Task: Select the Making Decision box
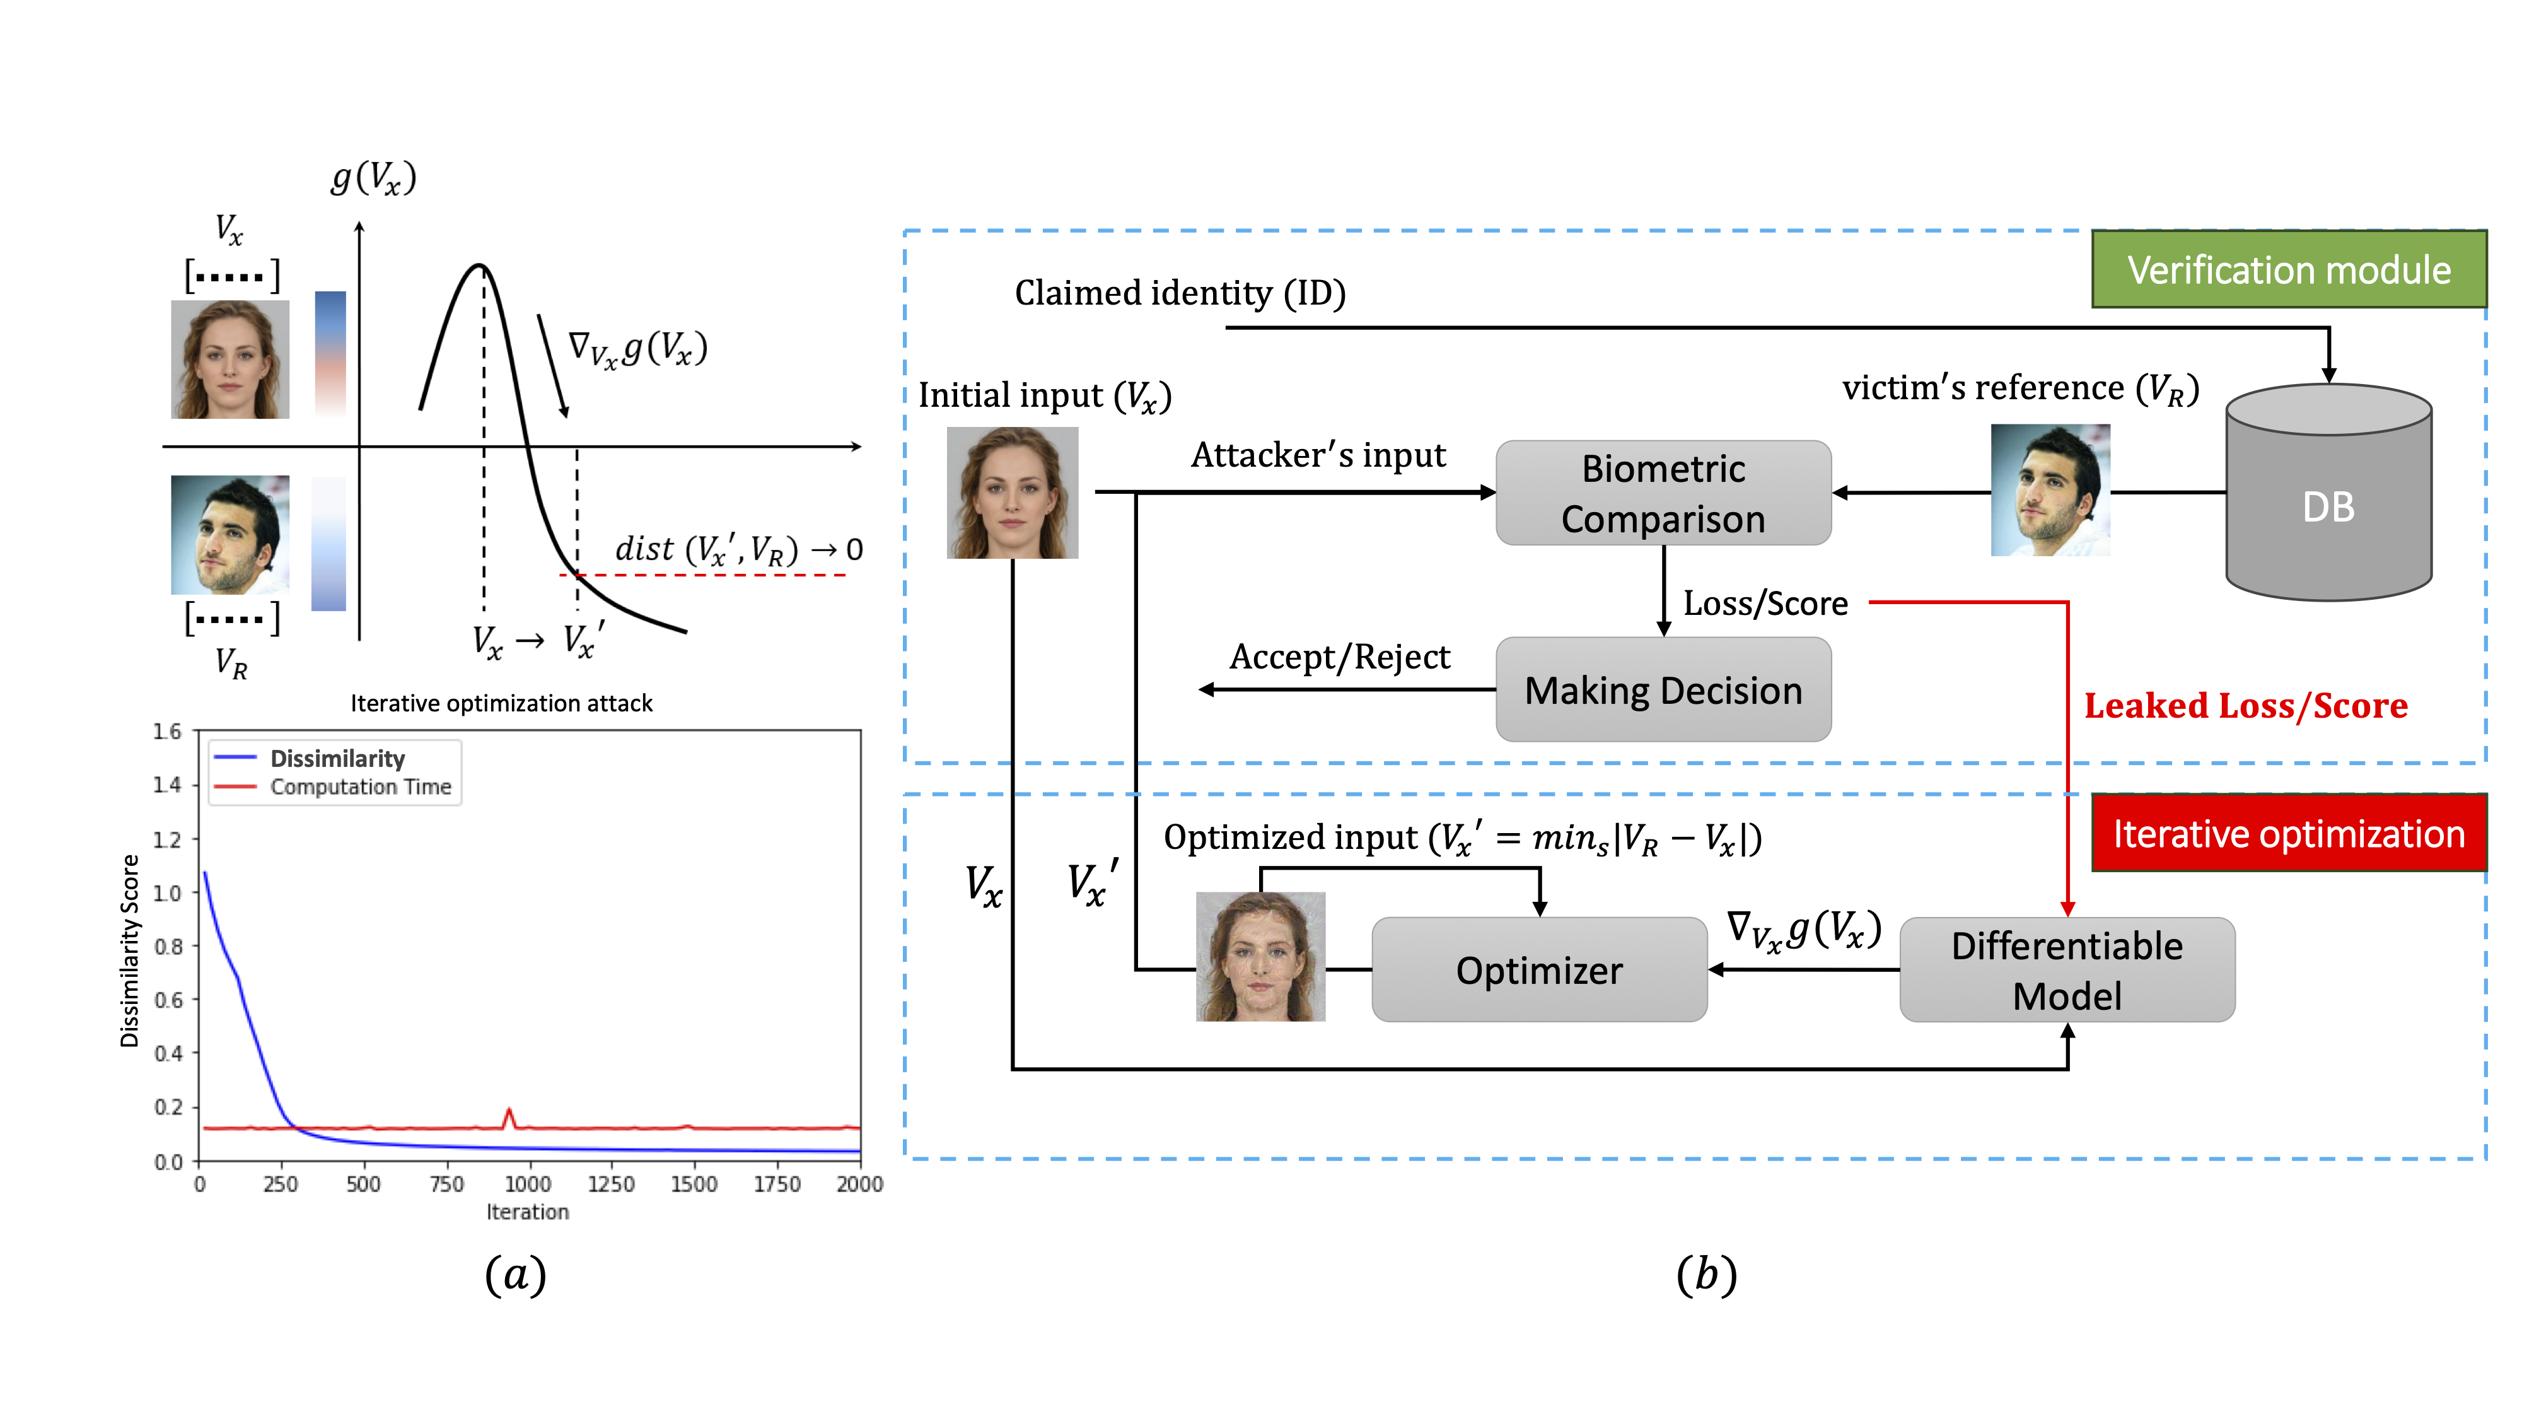pos(1663,689)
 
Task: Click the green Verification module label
pos(2288,269)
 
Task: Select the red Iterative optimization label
pos(2288,833)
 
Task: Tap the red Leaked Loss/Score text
pos(2245,705)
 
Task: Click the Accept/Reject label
pos(1339,656)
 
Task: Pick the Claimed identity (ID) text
pos(1179,293)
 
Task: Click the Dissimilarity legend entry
pos(337,758)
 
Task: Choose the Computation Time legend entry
pos(359,786)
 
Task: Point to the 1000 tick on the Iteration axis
pos(528,1184)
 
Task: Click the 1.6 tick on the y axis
pos(168,732)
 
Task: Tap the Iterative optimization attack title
pos(501,703)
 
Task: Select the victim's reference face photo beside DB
pos(2050,489)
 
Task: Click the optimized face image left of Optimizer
pos(1260,957)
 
